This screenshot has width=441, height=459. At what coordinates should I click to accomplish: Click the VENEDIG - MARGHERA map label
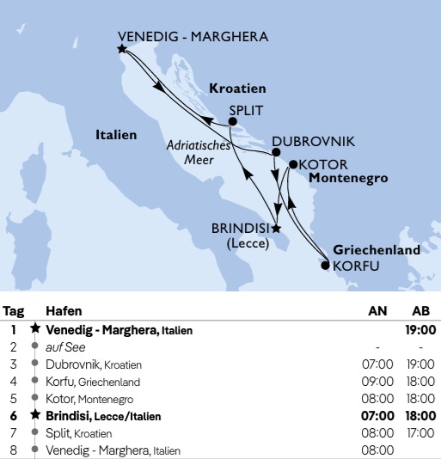point(193,37)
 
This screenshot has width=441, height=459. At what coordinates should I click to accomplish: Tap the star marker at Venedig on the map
point(122,49)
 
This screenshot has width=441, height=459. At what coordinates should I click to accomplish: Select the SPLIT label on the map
point(246,110)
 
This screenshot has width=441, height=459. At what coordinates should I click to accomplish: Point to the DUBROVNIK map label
point(313,142)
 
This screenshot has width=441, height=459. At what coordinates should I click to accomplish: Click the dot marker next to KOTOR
point(293,163)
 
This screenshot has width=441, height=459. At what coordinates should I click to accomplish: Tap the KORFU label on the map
point(355,266)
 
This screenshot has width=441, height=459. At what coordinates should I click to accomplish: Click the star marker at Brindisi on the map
point(276,229)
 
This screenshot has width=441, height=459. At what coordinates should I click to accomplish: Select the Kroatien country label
point(237,89)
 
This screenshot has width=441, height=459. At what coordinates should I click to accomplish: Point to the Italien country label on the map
point(116,135)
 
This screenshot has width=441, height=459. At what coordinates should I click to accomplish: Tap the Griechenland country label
point(377,250)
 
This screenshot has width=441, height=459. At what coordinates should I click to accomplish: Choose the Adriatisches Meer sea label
point(199,152)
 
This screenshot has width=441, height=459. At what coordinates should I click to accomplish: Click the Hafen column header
point(64,310)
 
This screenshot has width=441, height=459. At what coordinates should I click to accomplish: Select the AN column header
point(377,310)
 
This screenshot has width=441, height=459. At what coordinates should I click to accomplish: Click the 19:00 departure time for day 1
point(421,329)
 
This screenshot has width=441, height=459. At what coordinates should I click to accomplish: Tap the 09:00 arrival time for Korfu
point(377,382)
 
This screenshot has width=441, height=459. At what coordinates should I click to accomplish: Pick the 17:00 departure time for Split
point(421,433)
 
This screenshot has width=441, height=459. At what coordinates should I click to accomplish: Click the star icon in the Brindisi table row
point(35,416)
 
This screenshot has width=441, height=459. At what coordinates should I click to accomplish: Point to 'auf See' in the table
point(62,346)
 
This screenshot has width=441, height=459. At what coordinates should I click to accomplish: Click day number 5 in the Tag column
point(14,399)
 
